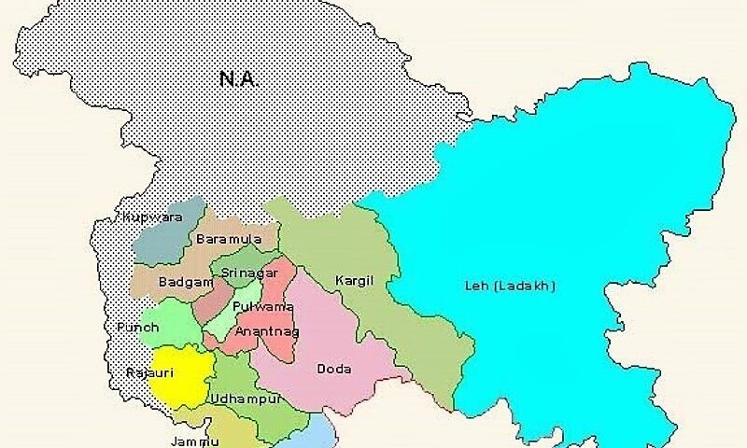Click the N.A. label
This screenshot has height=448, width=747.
click(x=238, y=79)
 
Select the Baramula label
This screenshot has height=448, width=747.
click(x=222, y=240)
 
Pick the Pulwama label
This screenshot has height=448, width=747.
click(x=256, y=306)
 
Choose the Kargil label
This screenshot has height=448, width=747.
click(x=352, y=280)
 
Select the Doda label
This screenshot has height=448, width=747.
click(x=334, y=369)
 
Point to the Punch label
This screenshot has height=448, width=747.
click(x=137, y=327)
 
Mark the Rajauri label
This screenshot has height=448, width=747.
click(x=145, y=372)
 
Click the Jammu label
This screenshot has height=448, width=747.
click(x=195, y=441)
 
